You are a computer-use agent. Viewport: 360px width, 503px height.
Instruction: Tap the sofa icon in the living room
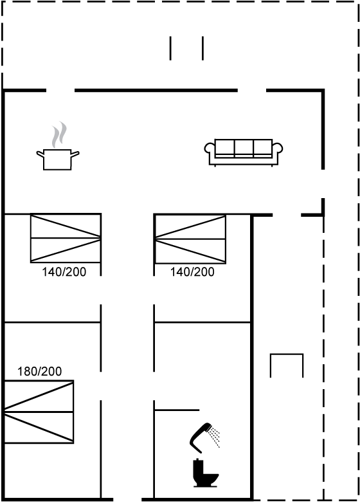click(244, 152)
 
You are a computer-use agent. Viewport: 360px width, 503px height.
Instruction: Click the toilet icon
click(205, 473)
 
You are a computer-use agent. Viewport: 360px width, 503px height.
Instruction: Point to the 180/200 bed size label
click(39, 372)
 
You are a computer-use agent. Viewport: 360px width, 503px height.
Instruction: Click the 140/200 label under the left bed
click(64, 272)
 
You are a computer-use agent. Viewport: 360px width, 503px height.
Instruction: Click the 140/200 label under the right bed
click(192, 272)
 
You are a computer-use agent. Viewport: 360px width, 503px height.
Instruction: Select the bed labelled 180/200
click(39, 412)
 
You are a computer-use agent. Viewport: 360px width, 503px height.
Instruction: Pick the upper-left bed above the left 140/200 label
click(66, 238)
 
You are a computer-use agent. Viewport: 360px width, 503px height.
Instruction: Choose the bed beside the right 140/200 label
click(190, 239)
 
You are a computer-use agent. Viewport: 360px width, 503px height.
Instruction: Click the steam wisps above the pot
click(60, 134)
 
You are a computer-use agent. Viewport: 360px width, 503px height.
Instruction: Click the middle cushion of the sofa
click(244, 147)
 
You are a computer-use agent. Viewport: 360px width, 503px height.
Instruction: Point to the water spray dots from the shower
click(214, 436)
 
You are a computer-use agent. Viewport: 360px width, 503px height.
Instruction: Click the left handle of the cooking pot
click(40, 154)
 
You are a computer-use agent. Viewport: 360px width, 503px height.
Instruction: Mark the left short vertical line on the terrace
click(170, 48)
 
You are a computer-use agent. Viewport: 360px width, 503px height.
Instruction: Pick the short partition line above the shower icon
click(177, 410)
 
